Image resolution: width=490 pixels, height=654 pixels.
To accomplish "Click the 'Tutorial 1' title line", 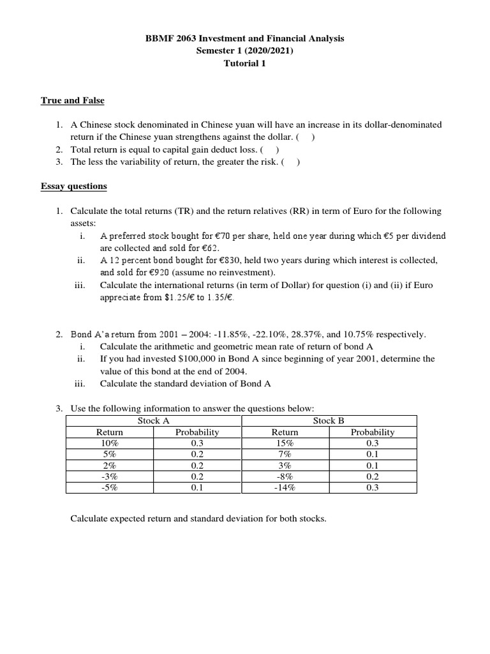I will pyautogui.click(x=245, y=63).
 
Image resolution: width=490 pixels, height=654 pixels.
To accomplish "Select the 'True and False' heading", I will pyautogui.click(x=72, y=101).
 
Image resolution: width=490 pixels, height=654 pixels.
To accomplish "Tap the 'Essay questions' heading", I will pyautogui.click(x=74, y=186).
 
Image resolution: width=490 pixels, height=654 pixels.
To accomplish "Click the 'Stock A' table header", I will pyautogui.click(x=153, y=421).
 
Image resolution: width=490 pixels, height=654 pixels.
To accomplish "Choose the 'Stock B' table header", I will pyautogui.click(x=329, y=421).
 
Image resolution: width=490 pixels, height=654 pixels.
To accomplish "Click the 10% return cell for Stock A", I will pyautogui.click(x=110, y=443).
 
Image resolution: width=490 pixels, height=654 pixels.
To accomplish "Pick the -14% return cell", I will pyautogui.click(x=285, y=488).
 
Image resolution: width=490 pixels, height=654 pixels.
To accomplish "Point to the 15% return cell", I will pyautogui.click(x=285, y=443).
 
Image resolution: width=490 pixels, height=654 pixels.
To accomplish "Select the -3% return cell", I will pyautogui.click(x=110, y=476).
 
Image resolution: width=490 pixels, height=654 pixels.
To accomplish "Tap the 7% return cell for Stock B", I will pyautogui.click(x=285, y=454).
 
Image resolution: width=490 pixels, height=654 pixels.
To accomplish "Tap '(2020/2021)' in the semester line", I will pyautogui.click(x=264, y=51).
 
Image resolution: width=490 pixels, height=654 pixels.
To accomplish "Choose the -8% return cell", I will pyautogui.click(x=285, y=476).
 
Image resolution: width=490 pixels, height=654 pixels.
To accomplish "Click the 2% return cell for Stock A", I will pyautogui.click(x=110, y=466).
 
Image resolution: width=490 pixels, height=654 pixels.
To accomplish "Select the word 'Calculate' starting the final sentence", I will pyautogui.click(x=90, y=519).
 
